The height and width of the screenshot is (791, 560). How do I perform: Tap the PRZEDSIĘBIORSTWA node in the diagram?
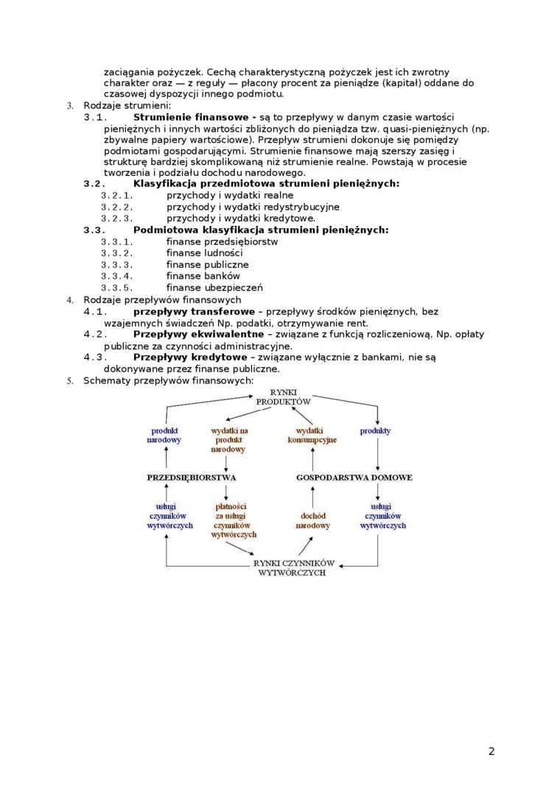point(191,478)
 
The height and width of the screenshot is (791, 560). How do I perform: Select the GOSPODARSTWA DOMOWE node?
point(354,478)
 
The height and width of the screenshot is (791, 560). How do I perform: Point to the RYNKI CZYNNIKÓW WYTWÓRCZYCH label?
point(293,567)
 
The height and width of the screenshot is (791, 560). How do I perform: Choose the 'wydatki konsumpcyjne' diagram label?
point(312,435)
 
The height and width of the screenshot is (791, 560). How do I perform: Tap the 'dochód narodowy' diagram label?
point(313,521)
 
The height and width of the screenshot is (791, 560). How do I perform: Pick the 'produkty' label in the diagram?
point(375,430)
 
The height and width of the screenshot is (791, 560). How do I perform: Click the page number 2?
point(491,751)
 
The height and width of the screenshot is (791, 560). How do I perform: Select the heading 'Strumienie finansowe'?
point(191,117)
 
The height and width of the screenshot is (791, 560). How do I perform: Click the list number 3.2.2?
point(116,207)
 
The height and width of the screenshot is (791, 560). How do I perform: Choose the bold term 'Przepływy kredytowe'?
point(189,357)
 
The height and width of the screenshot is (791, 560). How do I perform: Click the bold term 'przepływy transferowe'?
point(194,311)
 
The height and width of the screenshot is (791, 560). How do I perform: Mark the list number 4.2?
point(96,334)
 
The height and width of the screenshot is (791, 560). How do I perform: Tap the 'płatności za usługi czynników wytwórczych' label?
point(231,521)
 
